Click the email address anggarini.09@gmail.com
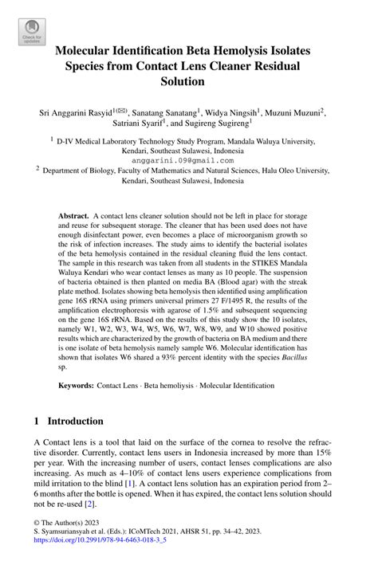pos(188,159)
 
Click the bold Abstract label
pos(73,216)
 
